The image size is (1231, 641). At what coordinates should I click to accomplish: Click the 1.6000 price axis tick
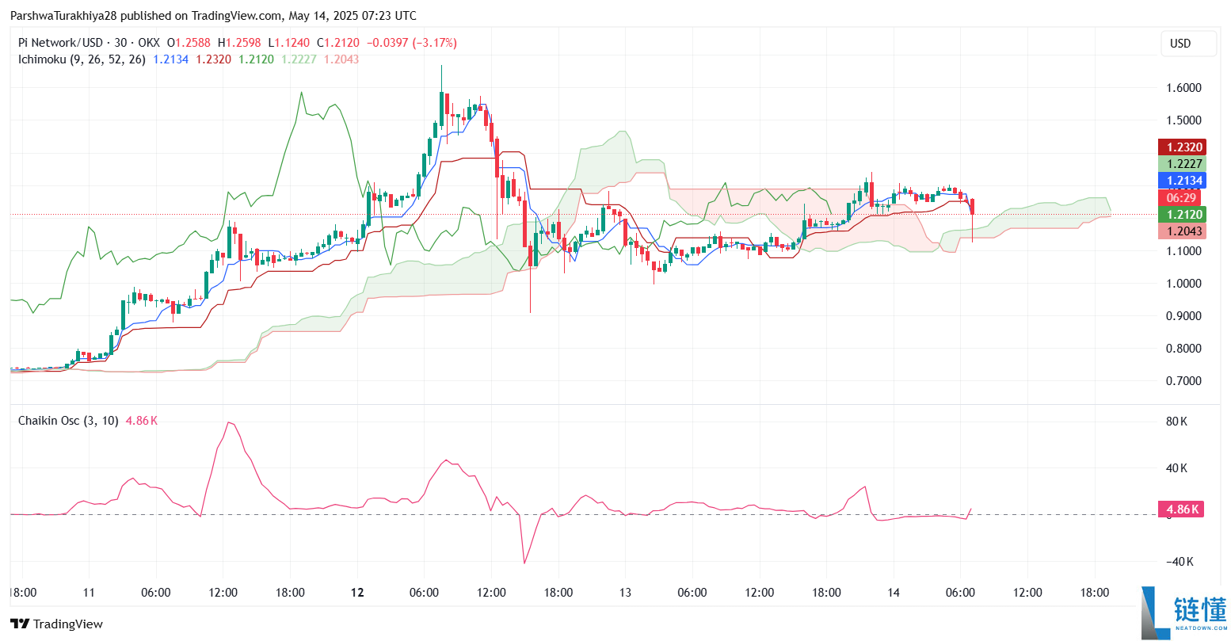[x=1183, y=88]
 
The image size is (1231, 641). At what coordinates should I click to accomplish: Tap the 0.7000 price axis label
[x=1183, y=381]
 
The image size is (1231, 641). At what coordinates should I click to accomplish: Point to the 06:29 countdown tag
[x=1181, y=197]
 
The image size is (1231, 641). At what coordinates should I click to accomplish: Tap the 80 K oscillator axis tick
[x=1176, y=422]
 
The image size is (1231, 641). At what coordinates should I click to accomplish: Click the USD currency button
[x=1180, y=44]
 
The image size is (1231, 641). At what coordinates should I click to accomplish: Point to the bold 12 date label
[x=357, y=593]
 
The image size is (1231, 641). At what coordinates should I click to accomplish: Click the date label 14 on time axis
[x=894, y=593]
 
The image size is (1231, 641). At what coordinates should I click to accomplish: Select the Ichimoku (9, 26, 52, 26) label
[x=82, y=59]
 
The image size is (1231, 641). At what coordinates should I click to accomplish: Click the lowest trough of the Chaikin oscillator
[x=524, y=563]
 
